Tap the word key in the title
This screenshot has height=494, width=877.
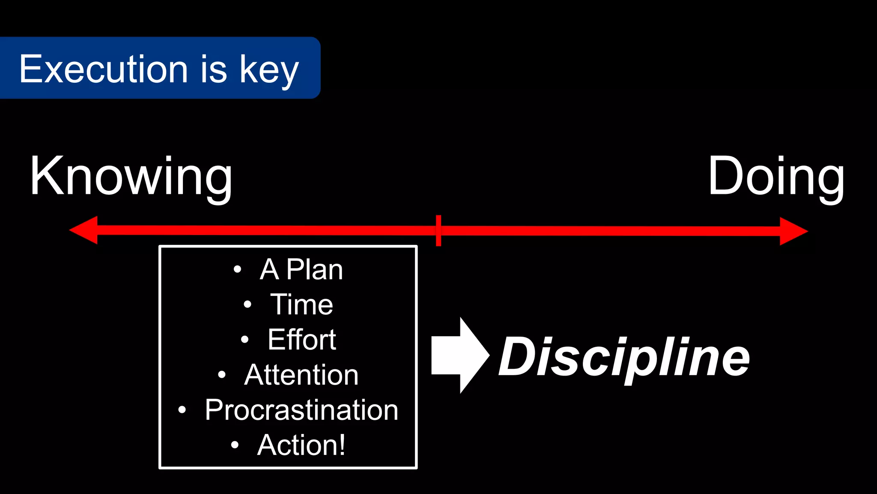coord(269,71)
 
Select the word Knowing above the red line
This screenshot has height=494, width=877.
coord(131,177)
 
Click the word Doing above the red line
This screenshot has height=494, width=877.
coord(776,177)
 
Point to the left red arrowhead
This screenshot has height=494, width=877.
coord(84,230)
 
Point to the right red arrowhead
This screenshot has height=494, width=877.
coord(793,231)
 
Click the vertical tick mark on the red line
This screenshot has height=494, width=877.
coord(438,231)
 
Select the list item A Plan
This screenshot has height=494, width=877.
coord(301,270)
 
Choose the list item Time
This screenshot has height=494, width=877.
coord(301,304)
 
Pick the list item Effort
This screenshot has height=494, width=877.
coord(301,340)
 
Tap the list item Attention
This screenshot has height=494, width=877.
coord(301,375)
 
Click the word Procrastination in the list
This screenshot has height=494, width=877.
coord(301,410)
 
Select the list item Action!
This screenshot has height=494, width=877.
coord(301,445)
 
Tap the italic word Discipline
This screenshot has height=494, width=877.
coord(624,357)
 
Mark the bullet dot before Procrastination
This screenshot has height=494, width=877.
coord(182,410)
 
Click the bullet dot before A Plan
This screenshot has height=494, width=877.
coord(238,269)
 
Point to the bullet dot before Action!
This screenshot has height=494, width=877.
coord(235,445)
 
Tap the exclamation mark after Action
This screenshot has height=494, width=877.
coord(341,445)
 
